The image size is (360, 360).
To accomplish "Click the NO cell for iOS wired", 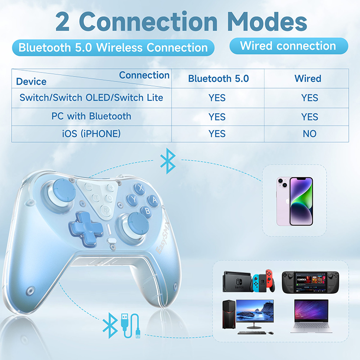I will pos(310,134).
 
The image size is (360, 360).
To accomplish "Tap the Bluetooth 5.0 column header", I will pos(218,79).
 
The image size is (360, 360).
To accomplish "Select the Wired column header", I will pos(308,78).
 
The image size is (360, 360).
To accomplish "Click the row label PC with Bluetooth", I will pos(91,116).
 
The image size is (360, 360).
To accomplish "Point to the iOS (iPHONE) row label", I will pos(92,134).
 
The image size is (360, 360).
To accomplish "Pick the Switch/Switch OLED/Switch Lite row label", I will pos(91,97).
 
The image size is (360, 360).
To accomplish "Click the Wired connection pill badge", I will pos(288,46).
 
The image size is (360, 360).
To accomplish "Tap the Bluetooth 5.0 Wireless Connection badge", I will pos(113,48).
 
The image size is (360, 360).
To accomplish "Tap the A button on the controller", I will pos(154,198).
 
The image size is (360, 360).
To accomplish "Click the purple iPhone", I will pos(295,200).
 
